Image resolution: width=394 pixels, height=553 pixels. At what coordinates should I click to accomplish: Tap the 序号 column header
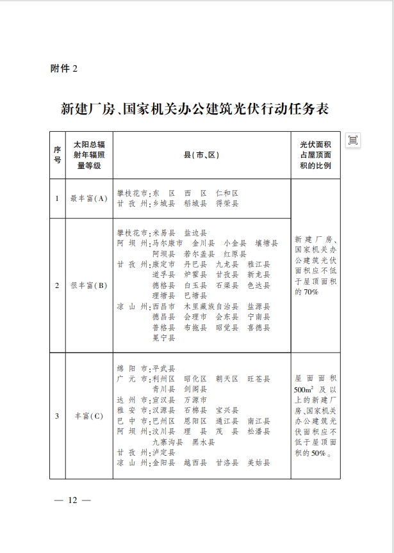tap(57, 155)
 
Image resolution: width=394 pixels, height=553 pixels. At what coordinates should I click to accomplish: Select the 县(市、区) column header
tap(201, 156)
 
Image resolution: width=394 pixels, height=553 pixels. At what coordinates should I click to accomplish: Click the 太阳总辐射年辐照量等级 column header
tap(89, 155)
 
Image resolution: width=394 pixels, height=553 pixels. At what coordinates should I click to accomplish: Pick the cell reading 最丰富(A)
tap(89, 198)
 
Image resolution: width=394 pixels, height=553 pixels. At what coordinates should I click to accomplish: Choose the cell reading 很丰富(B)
tap(89, 285)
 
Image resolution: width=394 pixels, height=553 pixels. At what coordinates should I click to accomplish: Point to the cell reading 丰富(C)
tap(89, 416)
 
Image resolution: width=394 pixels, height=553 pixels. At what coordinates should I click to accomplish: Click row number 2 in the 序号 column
tap(57, 285)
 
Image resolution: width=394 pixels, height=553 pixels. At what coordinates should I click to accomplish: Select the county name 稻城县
tap(195, 204)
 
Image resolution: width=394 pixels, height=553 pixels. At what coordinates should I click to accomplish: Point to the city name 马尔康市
tap(168, 243)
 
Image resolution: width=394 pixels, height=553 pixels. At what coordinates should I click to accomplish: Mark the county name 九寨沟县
tap(167, 442)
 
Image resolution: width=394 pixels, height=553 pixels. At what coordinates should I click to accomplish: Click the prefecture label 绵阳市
tap(131, 369)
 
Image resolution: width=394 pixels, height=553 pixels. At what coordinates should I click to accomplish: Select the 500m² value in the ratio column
tap(303, 389)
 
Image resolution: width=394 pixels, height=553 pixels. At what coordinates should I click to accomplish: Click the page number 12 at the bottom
tap(72, 499)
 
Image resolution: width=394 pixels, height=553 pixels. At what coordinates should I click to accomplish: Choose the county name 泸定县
tap(163, 453)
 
